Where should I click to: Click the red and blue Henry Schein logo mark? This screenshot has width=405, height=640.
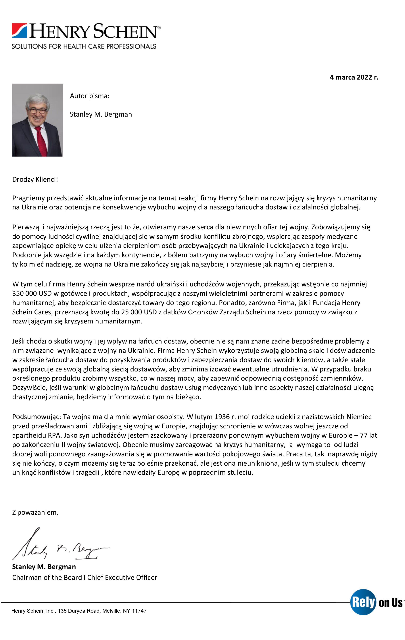(x=19, y=31)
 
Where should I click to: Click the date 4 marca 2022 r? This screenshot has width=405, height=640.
(x=354, y=77)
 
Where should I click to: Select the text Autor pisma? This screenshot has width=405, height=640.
(x=90, y=96)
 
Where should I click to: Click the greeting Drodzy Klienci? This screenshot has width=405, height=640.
(x=35, y=179)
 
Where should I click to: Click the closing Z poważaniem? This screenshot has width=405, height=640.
(x=35, y=512)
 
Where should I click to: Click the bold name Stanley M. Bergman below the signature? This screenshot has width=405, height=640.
(x=44, y=567)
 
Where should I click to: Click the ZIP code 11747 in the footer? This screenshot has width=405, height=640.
(x=139, y=611)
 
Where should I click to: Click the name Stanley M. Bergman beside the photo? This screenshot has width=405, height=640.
(x=101, y=114)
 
